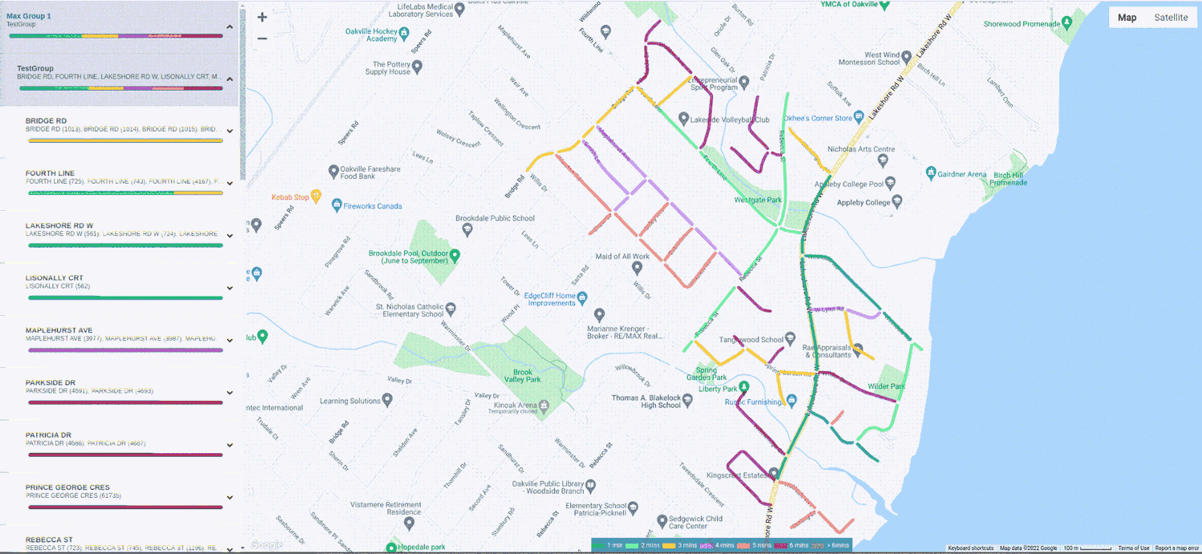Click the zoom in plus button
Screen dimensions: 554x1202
click(x=262, y=17)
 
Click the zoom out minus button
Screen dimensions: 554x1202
click(x=262, y=38)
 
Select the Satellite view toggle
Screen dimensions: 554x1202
click(x=1171, y=18)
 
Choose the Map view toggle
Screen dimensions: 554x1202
click(x=1127, y=18)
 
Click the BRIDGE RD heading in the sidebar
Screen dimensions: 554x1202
click(x=46, y=121)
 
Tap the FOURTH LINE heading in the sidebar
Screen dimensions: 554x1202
click(x=50, y=173)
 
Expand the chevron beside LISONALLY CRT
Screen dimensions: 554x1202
click(x=230, y=289)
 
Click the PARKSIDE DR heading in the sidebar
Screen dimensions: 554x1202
click(x=51, y=382)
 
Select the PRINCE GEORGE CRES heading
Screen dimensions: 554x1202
click(x=67, y=487)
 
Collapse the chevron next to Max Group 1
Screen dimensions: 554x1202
click(x=230, y=26)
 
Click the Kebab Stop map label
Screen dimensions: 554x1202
click(x=289, y=197)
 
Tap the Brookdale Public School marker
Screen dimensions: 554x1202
click(x=467, y=229)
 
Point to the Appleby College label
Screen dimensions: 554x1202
click(x=866, y=203)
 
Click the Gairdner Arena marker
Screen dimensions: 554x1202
click(x=931, y=172)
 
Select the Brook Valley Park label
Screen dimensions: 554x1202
click(x=522, y=375)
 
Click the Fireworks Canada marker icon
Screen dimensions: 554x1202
click(x=337, y=206)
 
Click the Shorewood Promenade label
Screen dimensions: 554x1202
click(x=1022, y=24)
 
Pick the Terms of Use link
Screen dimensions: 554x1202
click(x=1134, y=548)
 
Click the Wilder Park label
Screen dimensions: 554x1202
click(x=886, y=386)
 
